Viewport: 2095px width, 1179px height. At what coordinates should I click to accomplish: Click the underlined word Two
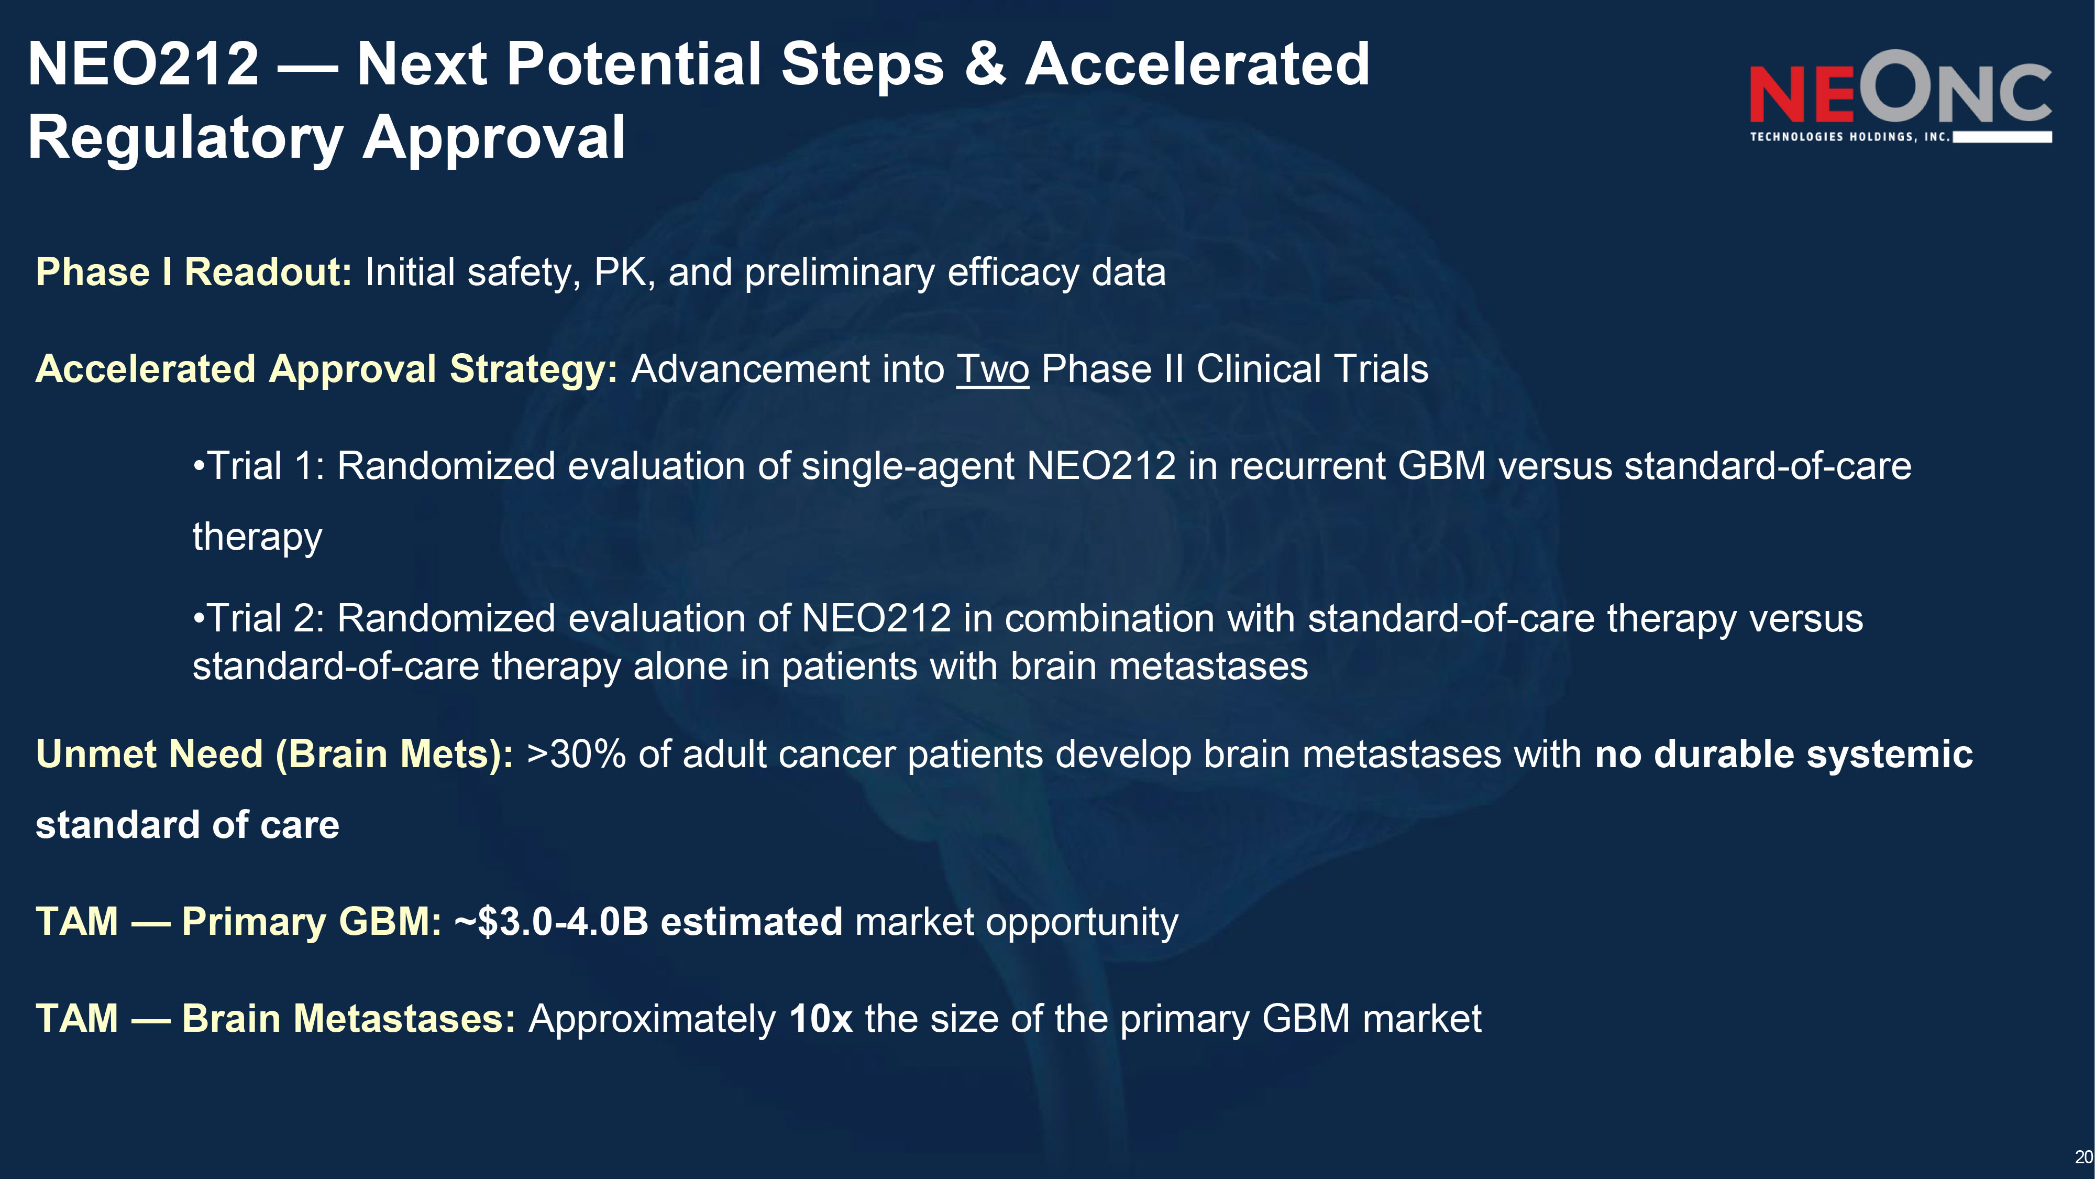click(992, 369)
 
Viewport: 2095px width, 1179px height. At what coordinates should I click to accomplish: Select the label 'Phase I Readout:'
click(194, 272)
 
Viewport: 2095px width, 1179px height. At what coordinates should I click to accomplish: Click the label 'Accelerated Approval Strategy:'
click(326, 369)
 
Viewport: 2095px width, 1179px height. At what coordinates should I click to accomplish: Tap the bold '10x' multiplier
click(821, 1019)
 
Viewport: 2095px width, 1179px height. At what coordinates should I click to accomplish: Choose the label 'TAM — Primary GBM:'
click(238, 922)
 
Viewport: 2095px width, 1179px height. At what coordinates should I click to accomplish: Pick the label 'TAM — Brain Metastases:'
click(275, 1019)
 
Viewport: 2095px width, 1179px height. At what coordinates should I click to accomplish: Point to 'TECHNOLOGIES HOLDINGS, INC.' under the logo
click(1850, 137)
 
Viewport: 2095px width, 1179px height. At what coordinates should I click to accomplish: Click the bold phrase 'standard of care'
click(187, 825)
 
